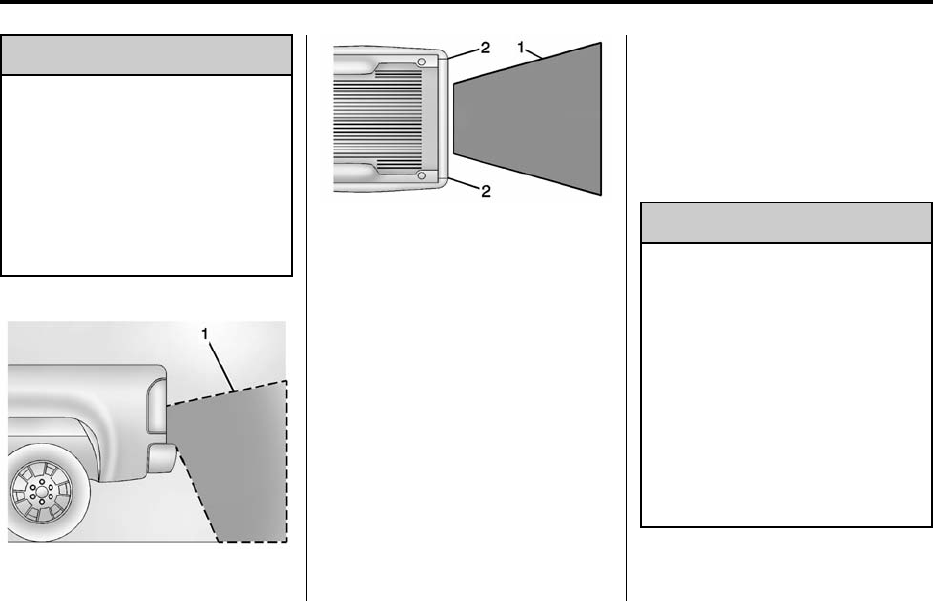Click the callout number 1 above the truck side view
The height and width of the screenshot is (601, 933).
pyautogui.click(x=206, y=335)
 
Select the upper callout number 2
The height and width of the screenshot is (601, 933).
pyautogui.click(x=485, y=47)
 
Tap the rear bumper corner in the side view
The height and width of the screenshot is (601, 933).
pyautogui.click(x=160, y=458)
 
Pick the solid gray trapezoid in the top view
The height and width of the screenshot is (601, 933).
pyautogui.click(x=530, y=119)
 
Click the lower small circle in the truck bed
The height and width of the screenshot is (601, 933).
pyautogui.click(x=422, y=175)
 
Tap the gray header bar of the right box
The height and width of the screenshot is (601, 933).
pyautogui.click(x=786, y=224)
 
